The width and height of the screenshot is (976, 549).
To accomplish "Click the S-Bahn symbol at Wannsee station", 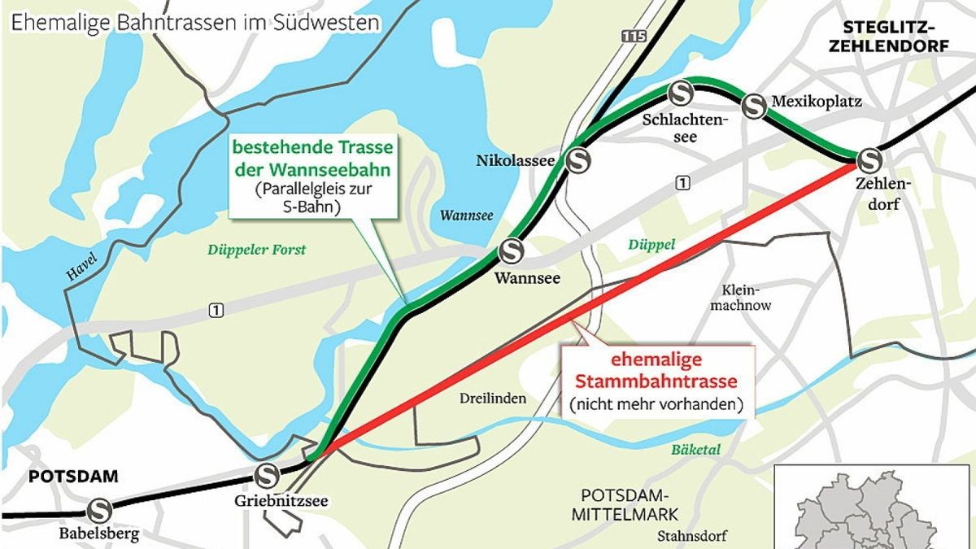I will pos(512,251).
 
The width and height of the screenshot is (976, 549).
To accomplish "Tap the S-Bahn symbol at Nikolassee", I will pos(579,161).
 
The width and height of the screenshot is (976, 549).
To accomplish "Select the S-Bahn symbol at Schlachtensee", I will pos(680,93).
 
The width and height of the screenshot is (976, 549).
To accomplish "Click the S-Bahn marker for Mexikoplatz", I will pos(755,105).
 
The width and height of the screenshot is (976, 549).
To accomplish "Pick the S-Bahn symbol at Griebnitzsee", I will pos(267,474).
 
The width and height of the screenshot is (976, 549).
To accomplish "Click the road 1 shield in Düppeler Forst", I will pos(216,309).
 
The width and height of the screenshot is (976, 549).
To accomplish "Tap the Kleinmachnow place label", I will pos(740,298).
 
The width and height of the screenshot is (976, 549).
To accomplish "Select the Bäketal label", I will pos(696,449).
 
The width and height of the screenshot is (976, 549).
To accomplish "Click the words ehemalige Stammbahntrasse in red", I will pos(656,371).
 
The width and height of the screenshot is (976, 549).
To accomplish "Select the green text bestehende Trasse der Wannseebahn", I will pos(313,159).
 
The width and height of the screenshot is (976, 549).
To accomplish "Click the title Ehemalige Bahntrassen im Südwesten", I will pos(195,22).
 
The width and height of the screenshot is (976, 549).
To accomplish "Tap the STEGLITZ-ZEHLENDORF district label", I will pos(888,37).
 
